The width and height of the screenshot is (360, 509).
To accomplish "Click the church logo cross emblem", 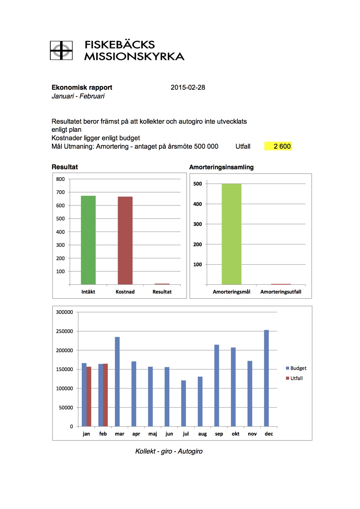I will [x=61, y=51].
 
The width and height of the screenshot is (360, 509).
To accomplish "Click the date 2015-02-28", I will [x=188, y=87].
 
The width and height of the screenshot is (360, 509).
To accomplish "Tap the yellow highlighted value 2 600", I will [x=278, y=146].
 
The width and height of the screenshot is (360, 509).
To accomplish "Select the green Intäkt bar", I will [x=88, y=240].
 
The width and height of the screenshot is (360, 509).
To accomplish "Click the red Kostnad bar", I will [x=125, y=240].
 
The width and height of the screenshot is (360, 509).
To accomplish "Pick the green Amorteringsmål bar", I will [x=231, y=234].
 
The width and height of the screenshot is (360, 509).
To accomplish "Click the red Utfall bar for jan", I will [x=89, y=396].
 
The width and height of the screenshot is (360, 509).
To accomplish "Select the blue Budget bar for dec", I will [x=266, y=378].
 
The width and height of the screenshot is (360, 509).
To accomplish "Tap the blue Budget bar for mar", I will [x=117, y=382].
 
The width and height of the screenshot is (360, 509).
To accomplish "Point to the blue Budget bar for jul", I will [x=183, y=403].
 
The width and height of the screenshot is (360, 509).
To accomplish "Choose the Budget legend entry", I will [x=296, y=368].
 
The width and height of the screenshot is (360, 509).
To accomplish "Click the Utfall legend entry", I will [x=294, y=378].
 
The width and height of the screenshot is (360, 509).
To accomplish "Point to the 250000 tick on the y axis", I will [x=64, y=331].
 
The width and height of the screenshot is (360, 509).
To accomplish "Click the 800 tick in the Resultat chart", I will [x=60, y=179].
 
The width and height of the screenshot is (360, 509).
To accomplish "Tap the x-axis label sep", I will [x=219, y=434].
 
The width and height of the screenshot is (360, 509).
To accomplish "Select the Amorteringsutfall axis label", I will [x=281, y=292].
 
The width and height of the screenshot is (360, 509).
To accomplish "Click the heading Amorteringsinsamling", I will [x=222, y=167].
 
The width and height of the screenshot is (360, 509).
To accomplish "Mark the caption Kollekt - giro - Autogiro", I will [x=169, y=451].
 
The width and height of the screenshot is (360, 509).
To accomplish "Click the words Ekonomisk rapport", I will [x=82, y=87].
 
